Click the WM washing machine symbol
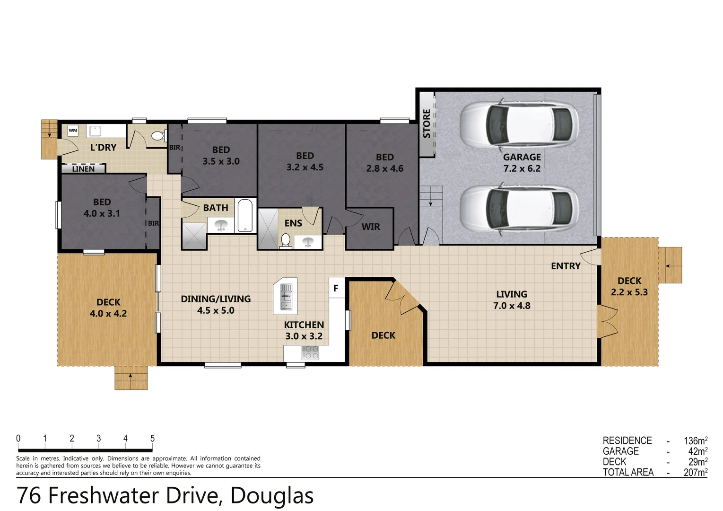pos(73,131)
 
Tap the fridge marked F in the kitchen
pos(336,288)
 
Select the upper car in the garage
pos(519,124)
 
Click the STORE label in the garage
pos(427,124)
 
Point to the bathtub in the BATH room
pos(245,216)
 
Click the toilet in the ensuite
pos(285,240)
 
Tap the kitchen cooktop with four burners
pos(310,352)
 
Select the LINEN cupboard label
pos(83,169)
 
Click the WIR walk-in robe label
pos(371,227)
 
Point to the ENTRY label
pos(566,266)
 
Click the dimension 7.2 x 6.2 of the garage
pos(522,168)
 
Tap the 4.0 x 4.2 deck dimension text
pos(108,314)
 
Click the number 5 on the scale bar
pos(152,439)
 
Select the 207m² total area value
pos(695,472)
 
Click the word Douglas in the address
pos(272,496)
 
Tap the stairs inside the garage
pos(431,196)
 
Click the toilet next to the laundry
pos(157,136)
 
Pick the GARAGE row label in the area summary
pos(620,451)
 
